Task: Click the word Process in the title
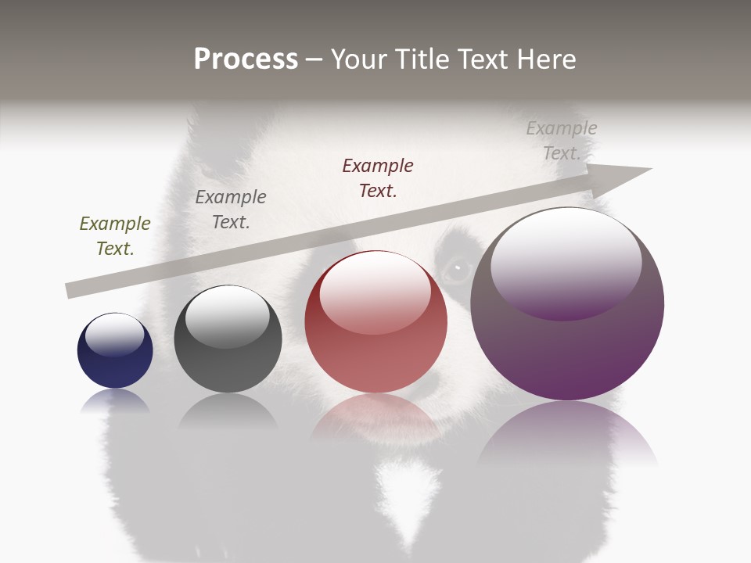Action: pos(246,59)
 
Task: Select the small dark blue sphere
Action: pos(115,351)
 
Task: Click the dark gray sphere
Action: pos(228,339)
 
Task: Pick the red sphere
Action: pos(375,322)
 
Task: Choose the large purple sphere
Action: pos(567,304)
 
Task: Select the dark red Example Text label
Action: pos(378,178)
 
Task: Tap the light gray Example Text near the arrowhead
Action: pos(562,141)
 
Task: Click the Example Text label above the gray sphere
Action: pos(231,210)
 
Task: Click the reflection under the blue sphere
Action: pos(115,401)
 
